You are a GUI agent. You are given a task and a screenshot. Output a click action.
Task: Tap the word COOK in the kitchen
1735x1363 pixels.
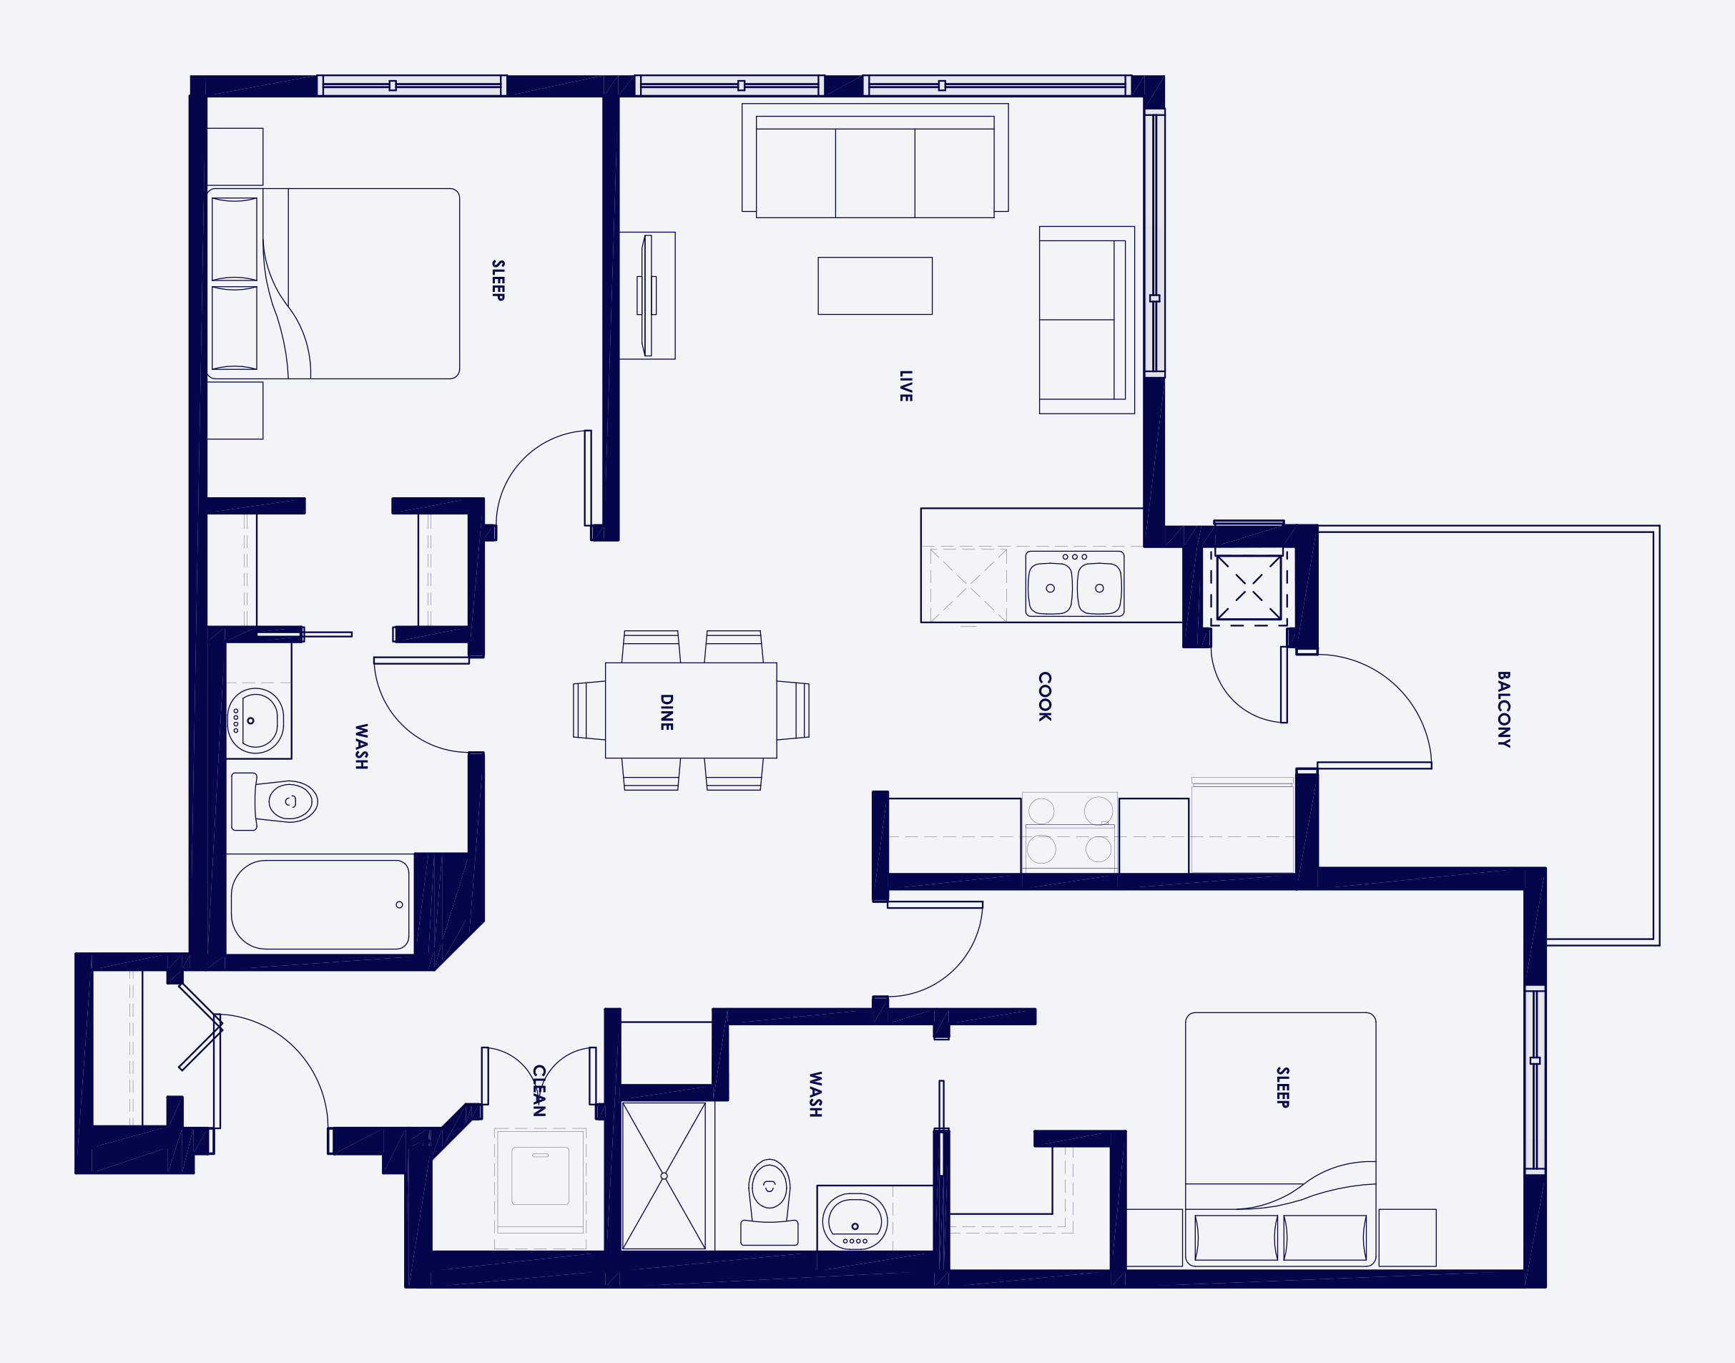(1044, 696)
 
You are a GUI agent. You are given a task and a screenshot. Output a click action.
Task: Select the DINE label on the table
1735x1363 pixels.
(667, 712)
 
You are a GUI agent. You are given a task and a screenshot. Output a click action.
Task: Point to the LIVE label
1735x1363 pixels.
(905, 386)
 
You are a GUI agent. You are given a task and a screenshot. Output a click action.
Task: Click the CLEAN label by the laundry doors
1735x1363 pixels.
(539, 1090)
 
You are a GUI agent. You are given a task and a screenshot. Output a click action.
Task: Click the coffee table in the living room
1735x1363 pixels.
(874, 285)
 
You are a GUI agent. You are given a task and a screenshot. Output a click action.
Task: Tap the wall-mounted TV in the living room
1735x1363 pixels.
(648, 295)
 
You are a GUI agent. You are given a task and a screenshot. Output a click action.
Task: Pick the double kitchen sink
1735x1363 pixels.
(1073, 584)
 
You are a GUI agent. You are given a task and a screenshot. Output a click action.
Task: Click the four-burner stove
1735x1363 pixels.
(1069, 831)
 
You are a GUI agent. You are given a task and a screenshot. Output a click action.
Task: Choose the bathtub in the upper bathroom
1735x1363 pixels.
(319, 904)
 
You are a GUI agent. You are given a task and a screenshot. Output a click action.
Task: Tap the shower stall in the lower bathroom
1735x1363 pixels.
(664, 1175)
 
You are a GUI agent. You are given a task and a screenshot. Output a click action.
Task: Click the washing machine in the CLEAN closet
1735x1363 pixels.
(540, 1176)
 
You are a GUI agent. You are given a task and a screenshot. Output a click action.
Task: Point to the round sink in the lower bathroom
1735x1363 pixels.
(855, 1220)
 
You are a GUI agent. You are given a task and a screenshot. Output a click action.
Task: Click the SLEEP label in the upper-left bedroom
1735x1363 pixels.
(498, 280)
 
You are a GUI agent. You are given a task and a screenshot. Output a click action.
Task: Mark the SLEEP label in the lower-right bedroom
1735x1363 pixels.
(1282, 1087)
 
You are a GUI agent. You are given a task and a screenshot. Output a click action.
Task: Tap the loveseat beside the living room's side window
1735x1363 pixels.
(1085, 319)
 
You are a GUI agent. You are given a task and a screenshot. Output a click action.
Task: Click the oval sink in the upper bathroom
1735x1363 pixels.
(255, 720)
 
